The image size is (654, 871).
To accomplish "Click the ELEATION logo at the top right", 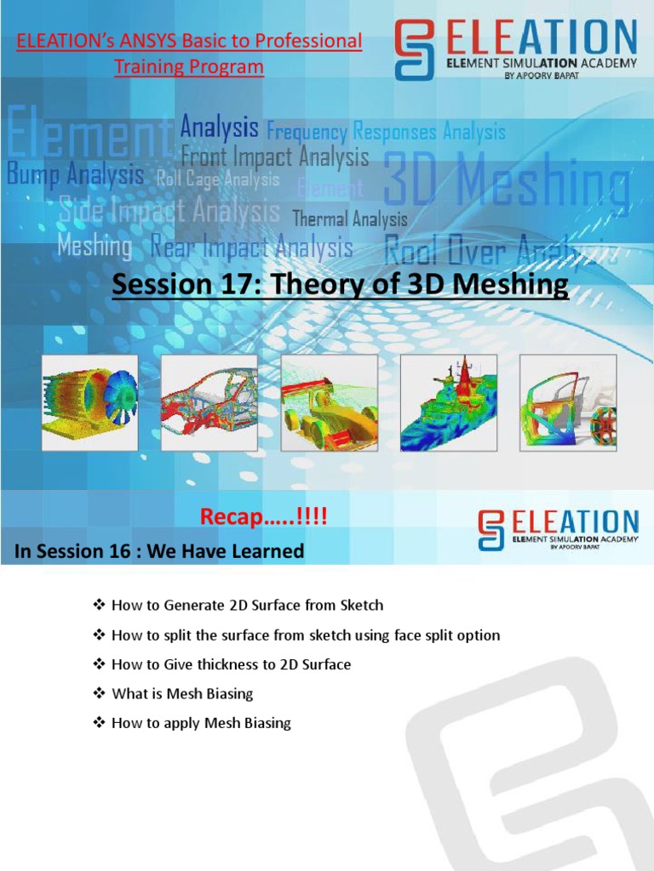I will (x=515, y=50).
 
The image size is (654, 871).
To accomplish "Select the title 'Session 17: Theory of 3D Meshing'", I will (x=340, y=285).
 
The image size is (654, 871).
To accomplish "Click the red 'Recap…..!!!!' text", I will (x=263, y=516).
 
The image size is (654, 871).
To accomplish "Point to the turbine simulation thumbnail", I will (x=89, y=402).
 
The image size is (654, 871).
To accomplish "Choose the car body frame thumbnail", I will (x=209, y=402).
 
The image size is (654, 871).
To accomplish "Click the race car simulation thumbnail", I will (x=329, y=402).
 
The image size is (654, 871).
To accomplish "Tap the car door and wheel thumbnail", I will (x=568, y=402).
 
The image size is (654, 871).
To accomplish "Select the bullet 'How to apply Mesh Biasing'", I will (x=201, y=723).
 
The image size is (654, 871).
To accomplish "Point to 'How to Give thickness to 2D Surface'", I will (x=231, y=664).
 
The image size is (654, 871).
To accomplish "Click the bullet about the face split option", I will (x=306, y=635).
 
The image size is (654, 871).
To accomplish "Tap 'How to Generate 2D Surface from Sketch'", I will (x=247, y=606).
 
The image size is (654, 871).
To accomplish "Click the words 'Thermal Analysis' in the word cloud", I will (x=350, y=219).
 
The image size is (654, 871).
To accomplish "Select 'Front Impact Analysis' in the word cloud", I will (x=275, y=157).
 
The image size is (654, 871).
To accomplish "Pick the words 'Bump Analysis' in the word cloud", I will (x=75, y=175).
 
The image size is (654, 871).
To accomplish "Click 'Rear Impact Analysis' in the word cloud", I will (x=251, y=248).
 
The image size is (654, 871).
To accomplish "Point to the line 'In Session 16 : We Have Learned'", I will (x=159, y=551).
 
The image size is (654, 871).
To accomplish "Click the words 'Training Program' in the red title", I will (x=189, y=66).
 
